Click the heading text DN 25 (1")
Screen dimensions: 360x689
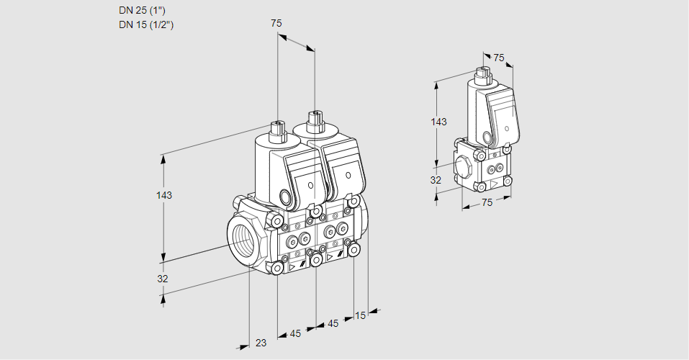click(145, 11)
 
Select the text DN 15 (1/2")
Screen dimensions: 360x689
click(146, 24)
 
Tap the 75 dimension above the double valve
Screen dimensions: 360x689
click(276, 24)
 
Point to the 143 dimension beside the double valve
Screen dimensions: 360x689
click(165, 196)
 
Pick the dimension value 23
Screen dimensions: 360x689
click(261, 343)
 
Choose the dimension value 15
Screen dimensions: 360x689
click(360, 316)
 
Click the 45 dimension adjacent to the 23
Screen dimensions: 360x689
click(295, 333)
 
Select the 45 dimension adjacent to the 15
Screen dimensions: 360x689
click(333, 324)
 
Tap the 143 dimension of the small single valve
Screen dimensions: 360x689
click(438, 122)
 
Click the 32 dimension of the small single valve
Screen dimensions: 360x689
click(436, 180)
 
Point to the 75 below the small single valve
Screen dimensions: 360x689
click(487, 202)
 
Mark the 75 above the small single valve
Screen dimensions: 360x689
click(499, 58)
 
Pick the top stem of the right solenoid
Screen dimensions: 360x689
click(313, 119)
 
